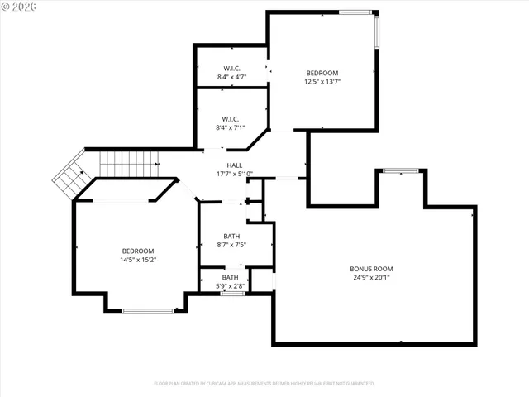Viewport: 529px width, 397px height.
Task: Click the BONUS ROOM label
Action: (x=371, y=269)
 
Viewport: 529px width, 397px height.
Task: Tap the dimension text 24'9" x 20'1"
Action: (x=371, y=278)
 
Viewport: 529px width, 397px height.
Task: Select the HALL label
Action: (x=234, y=165)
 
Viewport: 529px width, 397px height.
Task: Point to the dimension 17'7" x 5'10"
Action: (x=234, y=174)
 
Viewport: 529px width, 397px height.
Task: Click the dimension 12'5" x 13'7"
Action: (x=322, y=82)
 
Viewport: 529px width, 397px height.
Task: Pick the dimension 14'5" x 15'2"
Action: (x=138, y=260)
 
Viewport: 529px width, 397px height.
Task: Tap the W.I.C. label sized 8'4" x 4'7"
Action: (x=231, y=68)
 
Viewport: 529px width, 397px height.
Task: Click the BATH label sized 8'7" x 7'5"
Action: (x=231, y=236)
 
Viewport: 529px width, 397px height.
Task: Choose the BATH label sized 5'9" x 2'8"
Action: (x=231, y=277)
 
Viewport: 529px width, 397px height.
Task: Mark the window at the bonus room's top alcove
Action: (x=400, y=170)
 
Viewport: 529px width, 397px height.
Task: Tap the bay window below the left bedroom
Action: (x=148, y=311)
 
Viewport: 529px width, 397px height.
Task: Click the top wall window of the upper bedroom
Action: (x=355, y=12)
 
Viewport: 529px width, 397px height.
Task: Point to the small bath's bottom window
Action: (x=232, y=293)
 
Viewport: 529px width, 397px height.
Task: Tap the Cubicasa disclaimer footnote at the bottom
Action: (x=264, y=384)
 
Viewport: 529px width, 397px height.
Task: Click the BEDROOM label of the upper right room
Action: (x=322, y=73)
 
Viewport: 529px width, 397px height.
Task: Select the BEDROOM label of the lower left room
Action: (x=138, y=251)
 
